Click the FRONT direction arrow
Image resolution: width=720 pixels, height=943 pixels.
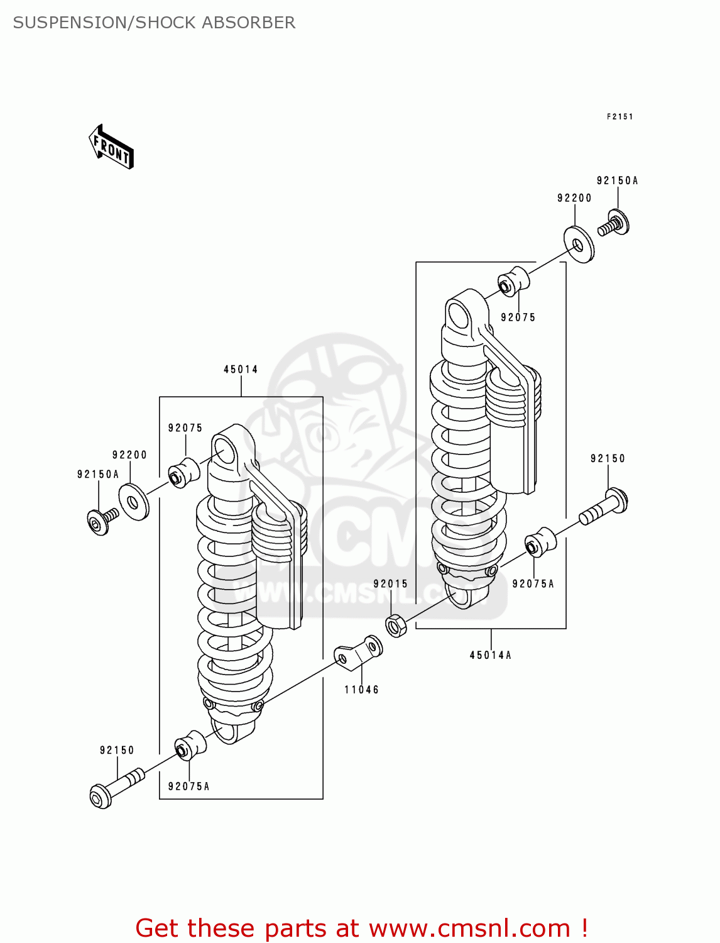[111, 147]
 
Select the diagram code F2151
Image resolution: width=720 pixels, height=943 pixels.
[619, 116]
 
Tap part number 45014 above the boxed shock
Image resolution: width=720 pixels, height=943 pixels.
[241, 369]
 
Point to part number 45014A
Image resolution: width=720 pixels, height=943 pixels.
[490, 655]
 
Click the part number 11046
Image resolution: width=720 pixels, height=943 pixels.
[361, 690]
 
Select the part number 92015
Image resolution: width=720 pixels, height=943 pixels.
[390, 583]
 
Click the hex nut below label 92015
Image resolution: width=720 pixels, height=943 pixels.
[396, 626]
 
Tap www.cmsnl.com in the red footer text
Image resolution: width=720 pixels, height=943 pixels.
[469, 928]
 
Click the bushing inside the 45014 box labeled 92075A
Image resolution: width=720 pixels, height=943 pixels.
[190, 747]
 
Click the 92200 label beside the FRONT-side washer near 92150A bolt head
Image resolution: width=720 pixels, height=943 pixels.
[129, 455]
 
